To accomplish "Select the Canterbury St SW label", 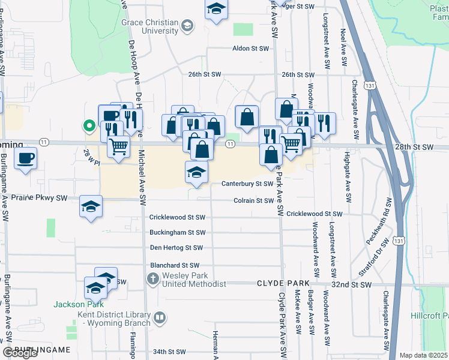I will (247, 184).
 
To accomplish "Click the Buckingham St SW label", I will (177, 232).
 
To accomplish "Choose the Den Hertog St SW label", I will (176, 247).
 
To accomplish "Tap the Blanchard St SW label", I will (173, 265).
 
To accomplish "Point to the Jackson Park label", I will (75, 304).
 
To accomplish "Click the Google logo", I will (20, 353).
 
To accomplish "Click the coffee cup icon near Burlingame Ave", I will (25, 159).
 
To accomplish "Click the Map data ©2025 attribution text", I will (424, 355).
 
